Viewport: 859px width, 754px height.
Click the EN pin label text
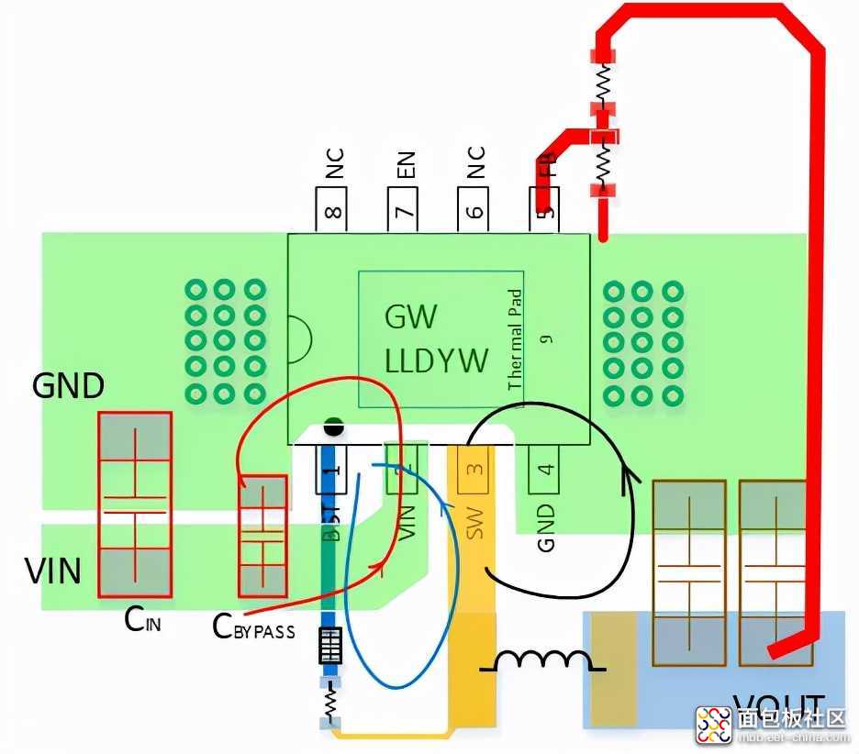pos(405,166)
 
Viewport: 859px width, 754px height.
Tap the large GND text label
pos(68,386)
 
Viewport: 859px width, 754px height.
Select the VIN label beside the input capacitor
pos(52,571)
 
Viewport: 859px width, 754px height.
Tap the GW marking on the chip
pos(410,317)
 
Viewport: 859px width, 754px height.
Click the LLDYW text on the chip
pos(436,360)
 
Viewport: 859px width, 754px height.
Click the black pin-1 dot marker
pos(333,427)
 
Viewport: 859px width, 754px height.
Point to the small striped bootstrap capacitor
pos(330,646)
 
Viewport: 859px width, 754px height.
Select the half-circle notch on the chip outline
pos(297,338)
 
